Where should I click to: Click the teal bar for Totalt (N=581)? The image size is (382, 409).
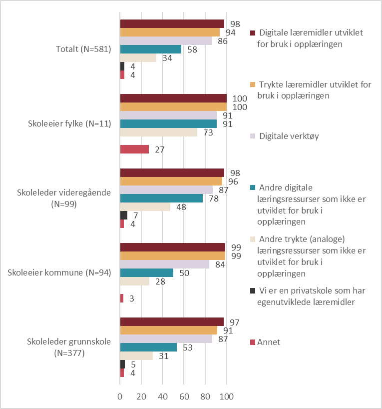coord(151,49)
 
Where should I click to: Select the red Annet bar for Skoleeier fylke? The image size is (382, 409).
coord(134,149)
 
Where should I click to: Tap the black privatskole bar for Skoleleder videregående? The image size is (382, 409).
coord(124,215)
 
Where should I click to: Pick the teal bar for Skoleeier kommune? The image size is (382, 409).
coord(147,273)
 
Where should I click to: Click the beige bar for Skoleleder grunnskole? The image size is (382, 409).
coord(136,356)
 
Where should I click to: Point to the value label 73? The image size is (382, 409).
coord(208,133)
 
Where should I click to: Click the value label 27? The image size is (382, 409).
coord(160,149)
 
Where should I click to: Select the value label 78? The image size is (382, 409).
coord(214,199)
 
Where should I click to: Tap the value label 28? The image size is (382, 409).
coord(160,281)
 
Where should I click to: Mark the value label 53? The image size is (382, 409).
coord(188,347)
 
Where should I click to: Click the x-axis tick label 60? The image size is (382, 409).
coord(184,396)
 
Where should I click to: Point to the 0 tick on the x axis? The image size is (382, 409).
coord(120,396)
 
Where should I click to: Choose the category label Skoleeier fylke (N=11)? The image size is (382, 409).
coord(69,123)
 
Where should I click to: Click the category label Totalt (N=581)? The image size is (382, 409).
coord(84,49)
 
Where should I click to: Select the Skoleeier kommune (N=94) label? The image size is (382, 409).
coord(59,272)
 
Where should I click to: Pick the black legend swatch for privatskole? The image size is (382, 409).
coord(253,290)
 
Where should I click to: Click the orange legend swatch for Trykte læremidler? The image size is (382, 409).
coord(253,84)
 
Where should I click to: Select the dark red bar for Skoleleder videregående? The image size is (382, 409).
coord(172,173)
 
